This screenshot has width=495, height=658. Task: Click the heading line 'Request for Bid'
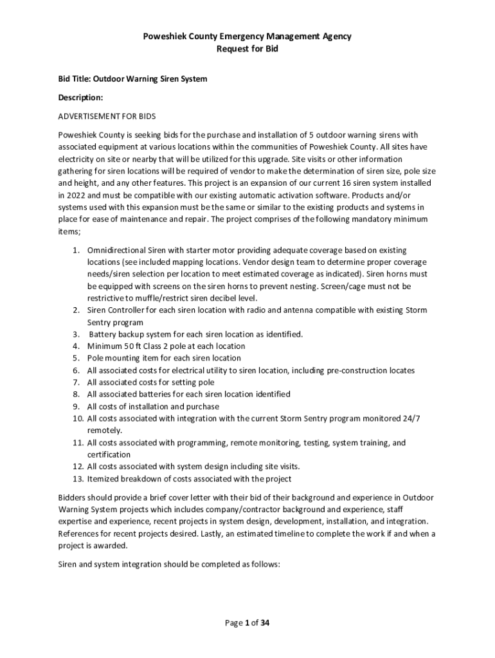coord(247,49)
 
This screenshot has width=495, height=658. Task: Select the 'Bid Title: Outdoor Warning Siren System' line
coord(132,79)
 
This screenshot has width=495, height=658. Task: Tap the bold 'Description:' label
coord(80,98)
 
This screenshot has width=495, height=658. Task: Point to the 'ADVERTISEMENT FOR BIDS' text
coord(107,116)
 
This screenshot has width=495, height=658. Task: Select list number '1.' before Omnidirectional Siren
coord(75,250)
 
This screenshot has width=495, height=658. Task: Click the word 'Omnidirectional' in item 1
coord(116,250)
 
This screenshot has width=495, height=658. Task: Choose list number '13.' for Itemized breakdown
coord(75,479)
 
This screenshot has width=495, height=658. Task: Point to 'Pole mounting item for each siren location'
coord(164,358)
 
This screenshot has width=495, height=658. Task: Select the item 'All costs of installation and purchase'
coord(153,407)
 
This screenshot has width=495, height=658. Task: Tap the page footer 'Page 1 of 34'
coord(247,623)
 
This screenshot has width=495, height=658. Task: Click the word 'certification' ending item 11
coord(109,454)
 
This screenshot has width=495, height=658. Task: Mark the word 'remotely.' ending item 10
coord(104,431)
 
